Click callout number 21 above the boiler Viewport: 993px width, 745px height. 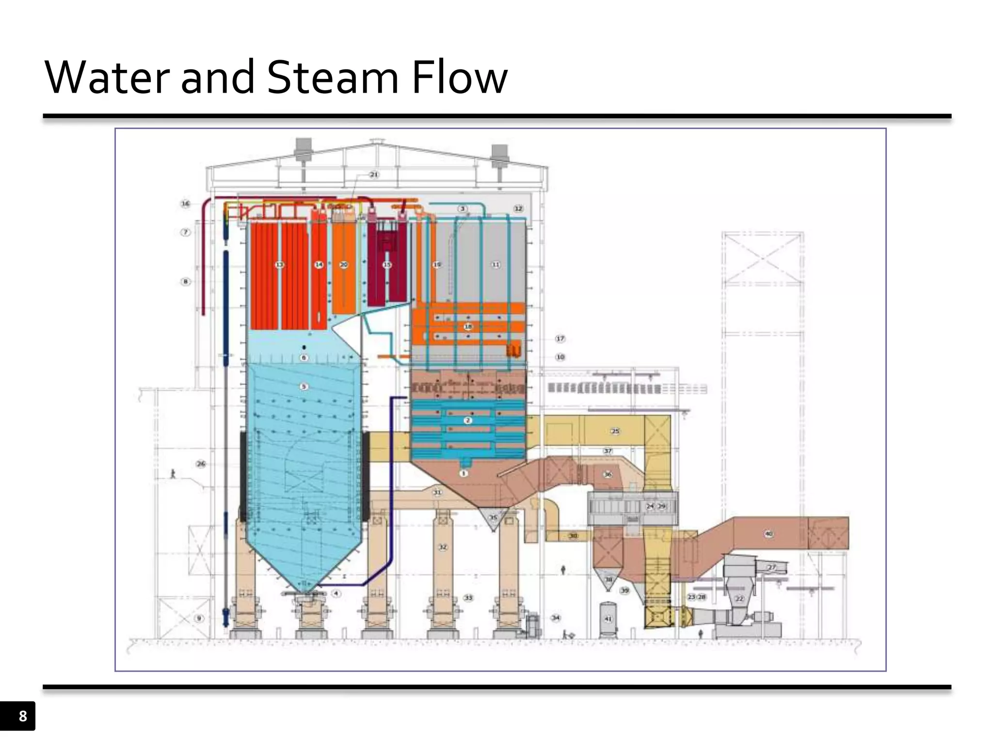(x=374, y=175)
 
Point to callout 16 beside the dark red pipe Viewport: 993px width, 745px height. (x=186, y=204)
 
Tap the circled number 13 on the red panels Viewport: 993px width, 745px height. (x=280, y=265)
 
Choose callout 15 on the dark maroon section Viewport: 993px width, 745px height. (x=387, y=265)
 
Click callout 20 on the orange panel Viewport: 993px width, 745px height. (x=344, y=265)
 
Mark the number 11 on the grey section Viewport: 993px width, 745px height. (x=496, y=265)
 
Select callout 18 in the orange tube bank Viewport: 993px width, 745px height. (x=468, y=326)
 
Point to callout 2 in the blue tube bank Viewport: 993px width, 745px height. (x=467, y=421)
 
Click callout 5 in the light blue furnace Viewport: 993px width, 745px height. (x=304, y=387)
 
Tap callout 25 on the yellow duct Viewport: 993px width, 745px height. (x=615, y=431)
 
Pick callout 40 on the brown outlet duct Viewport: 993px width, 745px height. (x=769, y=534)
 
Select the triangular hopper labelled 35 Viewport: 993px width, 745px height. (x=493, y=518)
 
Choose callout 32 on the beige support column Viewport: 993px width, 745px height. (x=443, y=548)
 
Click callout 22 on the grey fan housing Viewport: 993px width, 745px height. (x=739, y=599)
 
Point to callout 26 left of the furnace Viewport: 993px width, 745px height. (x=201, y=464)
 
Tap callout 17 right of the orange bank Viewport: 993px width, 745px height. (x=560, y=339)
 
